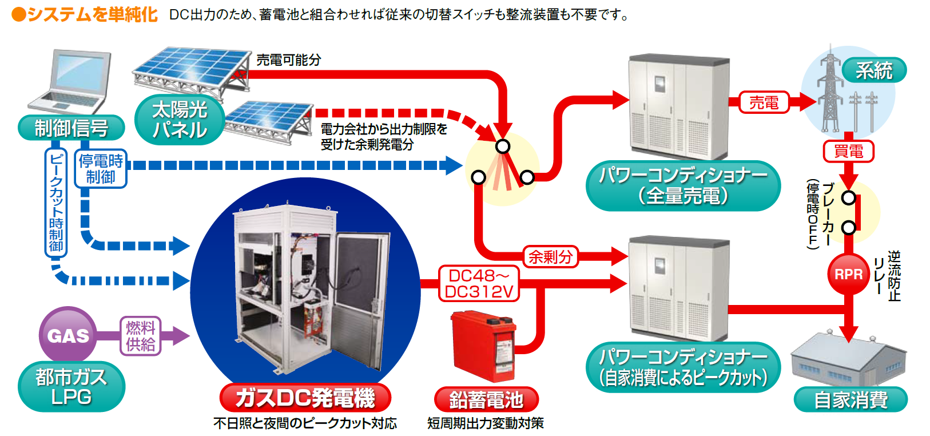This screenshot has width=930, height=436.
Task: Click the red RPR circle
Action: coord(848,275)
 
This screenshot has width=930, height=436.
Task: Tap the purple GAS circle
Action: coord(68,335)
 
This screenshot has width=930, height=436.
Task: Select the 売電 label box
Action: coord(764,103)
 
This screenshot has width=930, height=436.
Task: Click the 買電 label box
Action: coord(848,152)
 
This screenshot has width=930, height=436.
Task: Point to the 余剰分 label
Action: coord(550,257)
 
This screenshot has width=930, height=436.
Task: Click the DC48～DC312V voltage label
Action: coord(479,284)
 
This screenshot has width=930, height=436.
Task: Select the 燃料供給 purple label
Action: coord(140,336)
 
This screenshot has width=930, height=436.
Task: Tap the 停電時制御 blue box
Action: coord(101,169)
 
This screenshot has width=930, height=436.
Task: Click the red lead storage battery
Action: coord(484,345)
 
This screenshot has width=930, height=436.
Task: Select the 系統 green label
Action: coord(873,70)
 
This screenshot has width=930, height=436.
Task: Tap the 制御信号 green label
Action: coord(71,128)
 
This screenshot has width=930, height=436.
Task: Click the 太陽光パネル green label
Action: coord(179,120)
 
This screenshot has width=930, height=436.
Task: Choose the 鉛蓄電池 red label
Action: coord(486,399)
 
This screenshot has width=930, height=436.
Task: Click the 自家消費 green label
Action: coord(850,399)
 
